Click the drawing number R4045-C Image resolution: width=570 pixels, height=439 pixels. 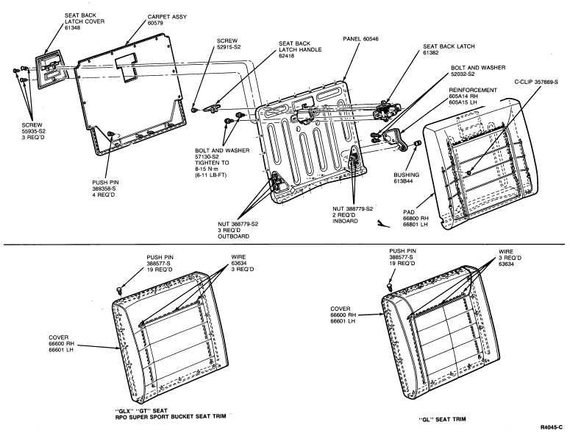553,426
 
